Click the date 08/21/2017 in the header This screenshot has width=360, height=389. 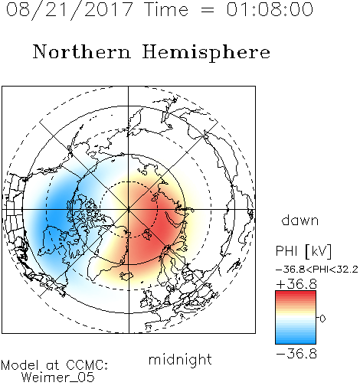click(x=69, y=9)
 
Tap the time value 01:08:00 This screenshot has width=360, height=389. click(x=270, y=9)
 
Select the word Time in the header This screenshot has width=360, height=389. click(x=166, y=9)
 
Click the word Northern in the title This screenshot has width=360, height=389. click(x=82, y=51)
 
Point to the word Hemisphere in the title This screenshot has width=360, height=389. click(x=206, y=53)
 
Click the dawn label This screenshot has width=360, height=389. click(x=300, y=220)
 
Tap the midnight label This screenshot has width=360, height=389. click(x=180, y=359)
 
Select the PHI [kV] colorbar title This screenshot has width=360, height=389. click(x=303, y=251)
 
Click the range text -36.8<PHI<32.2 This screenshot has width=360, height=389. click(x=317, y=270)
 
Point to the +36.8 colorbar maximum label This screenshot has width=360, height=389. click(x=296, y=284)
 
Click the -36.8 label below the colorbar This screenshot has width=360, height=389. click(x=296, y=354)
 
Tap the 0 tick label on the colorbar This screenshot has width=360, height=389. click(x=322, y=319)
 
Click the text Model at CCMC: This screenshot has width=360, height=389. click(x=54, y=365)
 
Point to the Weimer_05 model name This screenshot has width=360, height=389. click(x=58, y=378)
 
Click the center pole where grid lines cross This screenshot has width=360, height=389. click(x=129, y=209)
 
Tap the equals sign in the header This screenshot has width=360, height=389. click(x=207, y=10)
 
